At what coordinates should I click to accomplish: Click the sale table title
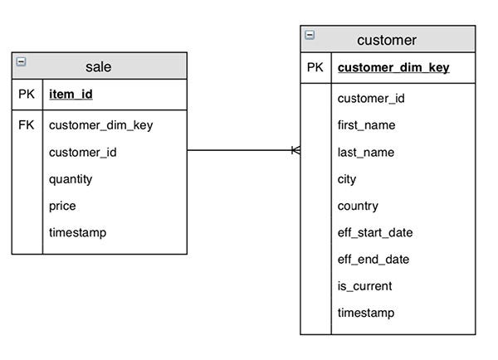click(98, 66)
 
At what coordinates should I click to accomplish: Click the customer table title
click(387, 40)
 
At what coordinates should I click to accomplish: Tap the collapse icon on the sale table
click(21, 61)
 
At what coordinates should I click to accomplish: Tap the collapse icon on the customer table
click(310, 35)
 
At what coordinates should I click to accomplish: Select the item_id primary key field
click(71, 95)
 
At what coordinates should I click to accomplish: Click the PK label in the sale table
click(27, 95)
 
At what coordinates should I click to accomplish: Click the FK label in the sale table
click(27, 125)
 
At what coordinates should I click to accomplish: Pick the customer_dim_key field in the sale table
click(100, 125)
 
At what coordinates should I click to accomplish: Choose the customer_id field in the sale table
click(82, 153)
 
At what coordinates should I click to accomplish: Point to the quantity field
click(71, 179)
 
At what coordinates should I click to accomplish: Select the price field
click(62, 206)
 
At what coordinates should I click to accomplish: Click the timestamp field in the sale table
click(77, 232)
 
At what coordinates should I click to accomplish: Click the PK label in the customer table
click(315, 67)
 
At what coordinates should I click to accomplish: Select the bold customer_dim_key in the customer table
click(393, 68)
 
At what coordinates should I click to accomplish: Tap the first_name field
click(366, 125)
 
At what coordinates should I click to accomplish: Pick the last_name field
click(365, 153)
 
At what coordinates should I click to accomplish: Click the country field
click(358, 206)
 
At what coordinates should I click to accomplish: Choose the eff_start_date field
click(375, 232)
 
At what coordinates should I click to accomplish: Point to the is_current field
click(364, 286)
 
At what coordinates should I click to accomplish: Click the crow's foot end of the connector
click(295, 150)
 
